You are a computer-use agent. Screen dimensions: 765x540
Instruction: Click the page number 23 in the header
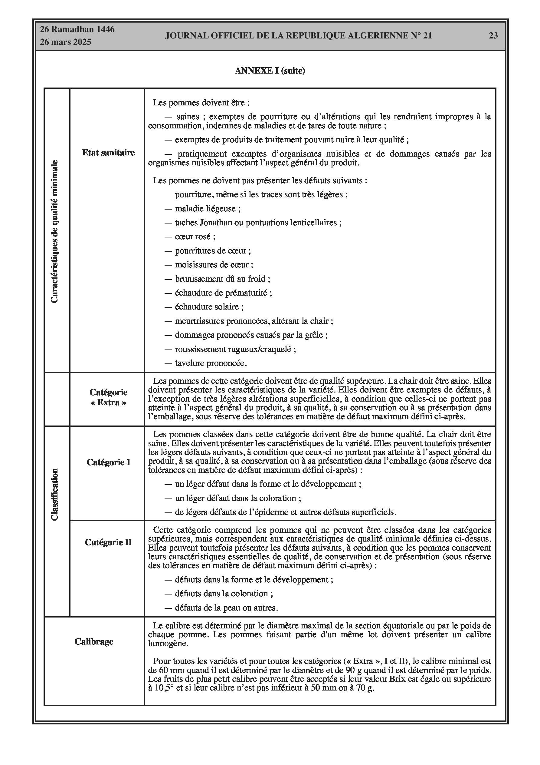click(x=493, y=36)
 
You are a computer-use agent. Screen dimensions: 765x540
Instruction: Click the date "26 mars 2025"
click(x=66, y=42)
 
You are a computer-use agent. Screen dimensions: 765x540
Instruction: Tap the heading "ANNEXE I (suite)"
click(x=270, y=71)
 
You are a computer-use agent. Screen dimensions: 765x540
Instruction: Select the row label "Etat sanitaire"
click(x=108, y=153)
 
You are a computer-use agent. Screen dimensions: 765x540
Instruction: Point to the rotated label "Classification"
click(x=54, y=495)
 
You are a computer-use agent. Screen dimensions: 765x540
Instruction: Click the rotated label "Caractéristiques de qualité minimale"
click(x=54, y=231)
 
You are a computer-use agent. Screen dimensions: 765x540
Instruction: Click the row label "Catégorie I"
click(x=108, y=462)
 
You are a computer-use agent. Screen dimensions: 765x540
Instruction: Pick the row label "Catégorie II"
click(x=108, y=542)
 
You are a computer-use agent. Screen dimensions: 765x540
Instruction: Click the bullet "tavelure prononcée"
click(x=211, y=363)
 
